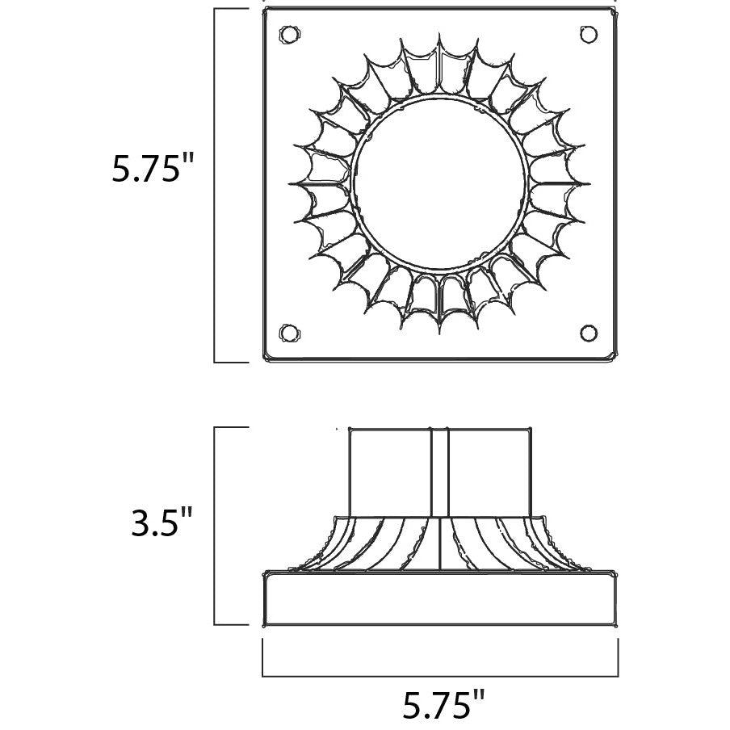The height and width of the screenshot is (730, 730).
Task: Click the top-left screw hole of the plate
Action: [x=288, y=35]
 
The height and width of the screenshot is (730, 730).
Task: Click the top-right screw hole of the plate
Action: [x=589, y=35]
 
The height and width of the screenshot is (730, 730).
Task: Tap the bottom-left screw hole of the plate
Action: [x=288, y=334]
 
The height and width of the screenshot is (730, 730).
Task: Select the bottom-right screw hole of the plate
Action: [x=589, y=334]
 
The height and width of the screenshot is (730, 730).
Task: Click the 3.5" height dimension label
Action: [x=162, y=522]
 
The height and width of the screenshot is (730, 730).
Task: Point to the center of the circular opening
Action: [x=440, y=183]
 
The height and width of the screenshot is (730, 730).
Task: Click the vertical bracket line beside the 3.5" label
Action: [x=214, y=526]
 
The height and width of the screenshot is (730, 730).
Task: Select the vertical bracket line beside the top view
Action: [x=214, y=185]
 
